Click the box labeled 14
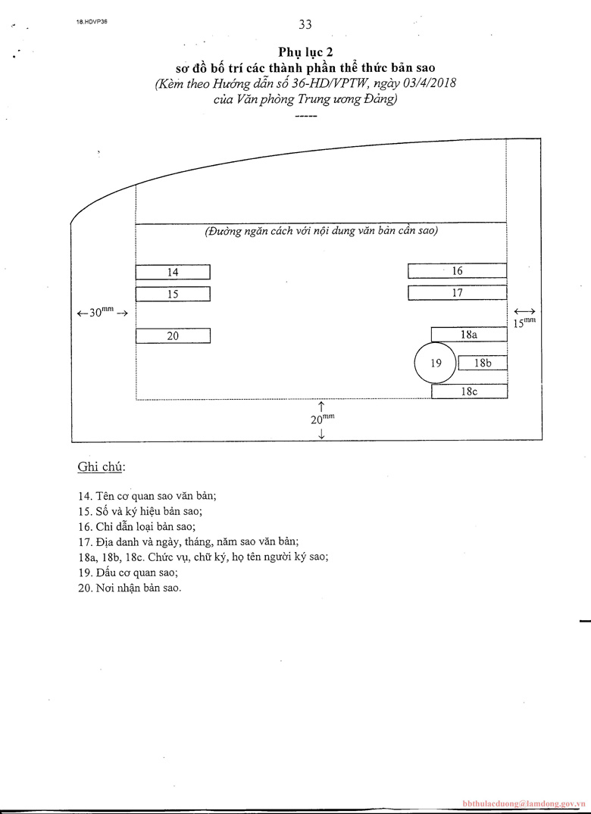[x=173, y=272]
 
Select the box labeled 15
[x=173, y=294]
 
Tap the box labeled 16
[x=457, y=270]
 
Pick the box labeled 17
[x=457, y=292]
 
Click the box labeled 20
[x=173, y=335]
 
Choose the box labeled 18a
[x=469, y=334]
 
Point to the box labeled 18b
[x=483, y=363]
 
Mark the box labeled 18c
[x=469, y=391]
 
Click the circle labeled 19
[x=436, y=363]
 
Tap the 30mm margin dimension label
[x=102, y=312]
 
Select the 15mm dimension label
[x=524, y=323]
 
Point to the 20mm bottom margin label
[x=322, y=418]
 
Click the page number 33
[x=305, y=24]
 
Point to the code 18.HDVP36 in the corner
[x=92, y=23]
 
